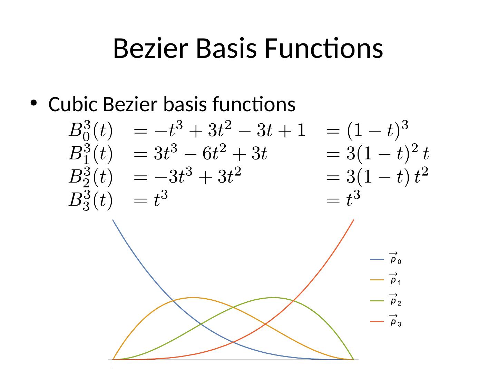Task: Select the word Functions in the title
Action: [x=324, y=49]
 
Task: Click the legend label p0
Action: [x=395, y=259]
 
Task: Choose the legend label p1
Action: [x=395, y=280]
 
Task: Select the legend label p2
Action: [x=395, y=300]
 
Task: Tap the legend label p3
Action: [x=395, y=321]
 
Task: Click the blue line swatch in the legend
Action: [x=377, y=259]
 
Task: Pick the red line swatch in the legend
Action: [x=377, y=321]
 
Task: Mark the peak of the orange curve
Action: [x=193, y=297]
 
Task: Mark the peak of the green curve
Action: [x=273, y=297]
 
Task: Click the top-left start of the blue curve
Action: [x=113, y=220]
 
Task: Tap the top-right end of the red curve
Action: [x=353, y=220]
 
